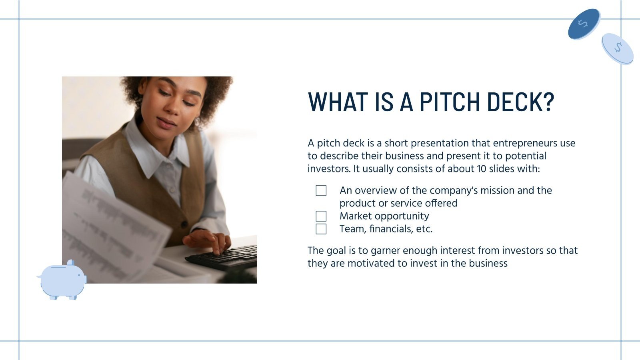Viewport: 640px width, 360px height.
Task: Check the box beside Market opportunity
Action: tap(321, 216)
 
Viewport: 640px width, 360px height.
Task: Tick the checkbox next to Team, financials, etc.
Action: tap(321, 229)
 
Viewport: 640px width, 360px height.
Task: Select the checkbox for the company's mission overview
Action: tap(321, 190)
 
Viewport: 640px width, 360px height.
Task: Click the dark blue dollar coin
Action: tap(584, 24)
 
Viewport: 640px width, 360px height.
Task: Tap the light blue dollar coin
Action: tap(618, 48)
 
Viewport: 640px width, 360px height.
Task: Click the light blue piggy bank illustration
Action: tap(62, 280)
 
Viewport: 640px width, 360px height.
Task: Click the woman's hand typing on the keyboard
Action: tap(208, 240)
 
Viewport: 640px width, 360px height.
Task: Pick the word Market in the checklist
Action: tap(355, 216)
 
